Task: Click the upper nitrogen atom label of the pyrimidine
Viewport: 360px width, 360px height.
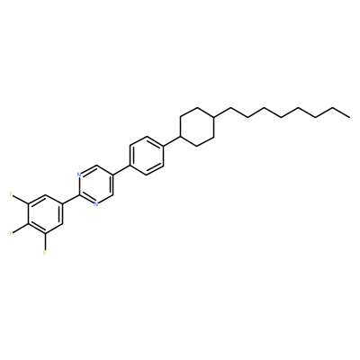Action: (78, 175)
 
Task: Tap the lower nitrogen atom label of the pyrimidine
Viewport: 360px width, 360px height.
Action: (95, 204)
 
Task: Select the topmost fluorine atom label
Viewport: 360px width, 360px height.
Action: (11, 194)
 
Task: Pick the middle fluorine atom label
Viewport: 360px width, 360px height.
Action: (11, 233)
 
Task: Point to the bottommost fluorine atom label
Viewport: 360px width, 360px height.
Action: (45, 253)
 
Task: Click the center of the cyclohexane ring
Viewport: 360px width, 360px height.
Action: (197, 127)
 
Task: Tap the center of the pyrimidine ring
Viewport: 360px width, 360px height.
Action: (95, 184)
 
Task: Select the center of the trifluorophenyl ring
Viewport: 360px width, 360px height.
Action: (45, 213)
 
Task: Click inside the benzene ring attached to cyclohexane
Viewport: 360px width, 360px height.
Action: (147, 156)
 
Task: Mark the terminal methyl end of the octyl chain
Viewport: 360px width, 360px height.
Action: (349, 117)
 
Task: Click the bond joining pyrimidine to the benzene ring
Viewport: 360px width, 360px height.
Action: (121, 170)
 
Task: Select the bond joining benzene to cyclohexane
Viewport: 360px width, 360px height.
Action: (172, 141)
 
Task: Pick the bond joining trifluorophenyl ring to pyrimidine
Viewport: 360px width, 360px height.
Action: (70, 199)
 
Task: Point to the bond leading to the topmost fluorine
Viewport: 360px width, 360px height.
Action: (21, 199)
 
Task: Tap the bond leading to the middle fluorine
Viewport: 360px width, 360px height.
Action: (21, 228)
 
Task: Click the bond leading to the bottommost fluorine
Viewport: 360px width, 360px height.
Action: (45, 242)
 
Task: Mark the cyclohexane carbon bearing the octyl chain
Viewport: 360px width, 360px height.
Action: (214, 117)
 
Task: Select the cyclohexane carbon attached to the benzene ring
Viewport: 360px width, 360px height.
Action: (180, 137)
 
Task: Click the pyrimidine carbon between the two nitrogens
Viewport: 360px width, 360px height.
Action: (79, 194)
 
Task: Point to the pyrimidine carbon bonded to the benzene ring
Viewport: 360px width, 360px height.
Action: (112, 175)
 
